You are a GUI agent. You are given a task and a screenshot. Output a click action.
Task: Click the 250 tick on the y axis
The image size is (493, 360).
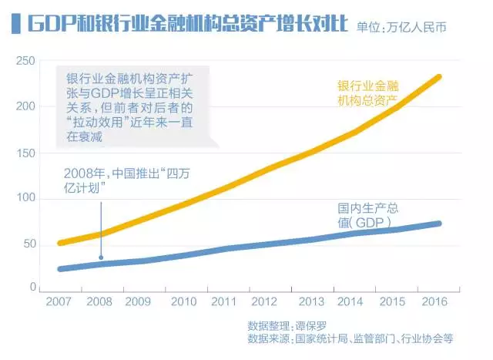[x=25, y=60]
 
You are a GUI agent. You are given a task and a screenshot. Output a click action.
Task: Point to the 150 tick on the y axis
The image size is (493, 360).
[x=25, y=152]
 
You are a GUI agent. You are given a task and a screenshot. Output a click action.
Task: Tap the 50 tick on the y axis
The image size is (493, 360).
[x=29, y=243]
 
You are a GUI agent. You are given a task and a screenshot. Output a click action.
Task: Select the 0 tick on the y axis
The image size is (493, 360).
[x=32, y=288]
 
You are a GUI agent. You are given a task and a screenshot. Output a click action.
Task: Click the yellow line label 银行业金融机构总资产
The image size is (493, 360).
[x=370, y=93]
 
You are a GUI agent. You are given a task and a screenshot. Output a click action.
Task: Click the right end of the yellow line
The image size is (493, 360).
[x=438, y=76]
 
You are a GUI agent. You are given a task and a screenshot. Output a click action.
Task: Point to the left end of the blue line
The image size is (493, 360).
[x=60, y=269]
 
